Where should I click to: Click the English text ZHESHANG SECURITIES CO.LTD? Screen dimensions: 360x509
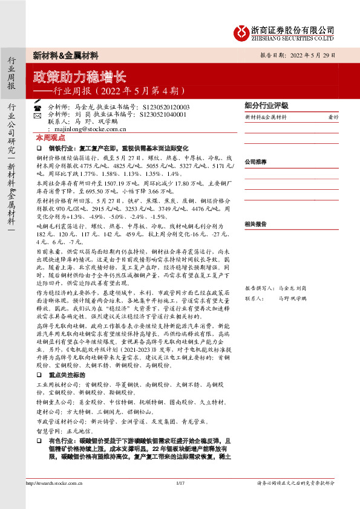point(293,37)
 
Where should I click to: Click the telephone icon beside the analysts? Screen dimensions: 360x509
point(37,106)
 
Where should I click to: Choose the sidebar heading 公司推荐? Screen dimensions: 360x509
point(255,162)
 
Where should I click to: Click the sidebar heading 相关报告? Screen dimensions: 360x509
point(255,224)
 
